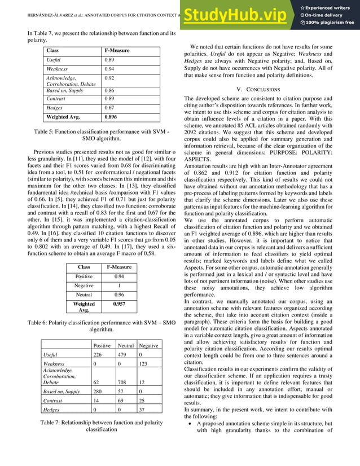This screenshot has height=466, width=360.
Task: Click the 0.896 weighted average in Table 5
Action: click(x=112, y=118)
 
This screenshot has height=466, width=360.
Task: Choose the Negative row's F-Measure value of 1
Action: click(x=119, y=286)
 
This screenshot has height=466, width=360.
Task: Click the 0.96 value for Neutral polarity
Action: click(x=119, y=294)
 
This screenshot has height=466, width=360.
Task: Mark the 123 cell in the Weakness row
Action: click(x=146, y=364)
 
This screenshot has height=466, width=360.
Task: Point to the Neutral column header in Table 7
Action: click(x=125, y=345)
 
